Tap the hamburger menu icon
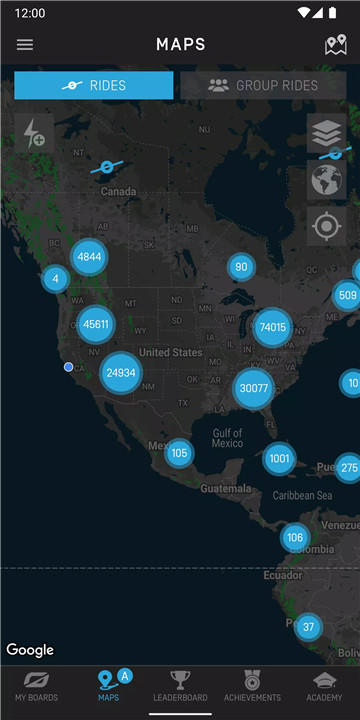pyautogui.click(x=25, y=45)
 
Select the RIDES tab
pyautogui.click(x=94, y=85)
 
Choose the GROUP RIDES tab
pyautogui.click(x=263, y=85)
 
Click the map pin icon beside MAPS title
pyautogui.click(x=336, y=45)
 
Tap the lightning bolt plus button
pyautogui.click(x=34, y=133)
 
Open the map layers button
pyautogui.click(x=326, y=133)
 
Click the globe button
pyautogui.click(x=326, y=180)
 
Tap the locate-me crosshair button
pyautogui.click(x=326, y=226)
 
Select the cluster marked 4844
pyautogui.click(x=89, y=256)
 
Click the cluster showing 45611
pyautogui.click(x=97, y=324)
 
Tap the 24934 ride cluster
pyautogui.click(x=120, y=373)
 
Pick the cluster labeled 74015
pyautogui.click(x=272, y=327)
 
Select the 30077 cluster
pyautogui.click(x=254, y=388)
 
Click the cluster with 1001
pyautogui.click(x=279, y=459)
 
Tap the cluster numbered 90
pyautogui.click(x=240, y=267)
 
